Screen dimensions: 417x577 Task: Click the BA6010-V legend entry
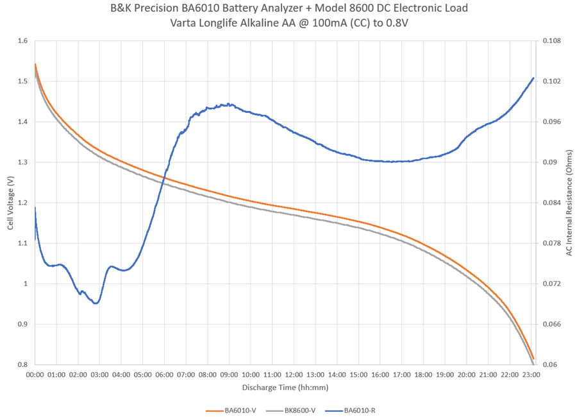coord(240,410)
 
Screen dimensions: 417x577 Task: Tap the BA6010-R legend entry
coord(359,410)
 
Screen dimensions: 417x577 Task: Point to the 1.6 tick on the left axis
coord(23,41)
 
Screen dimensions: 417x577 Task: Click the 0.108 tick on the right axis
coord(551,41)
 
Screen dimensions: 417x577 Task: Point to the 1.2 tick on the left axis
coord(23,203)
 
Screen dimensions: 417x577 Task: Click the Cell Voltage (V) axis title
coord(10,203)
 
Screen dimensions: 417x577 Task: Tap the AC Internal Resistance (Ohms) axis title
coord(569,203)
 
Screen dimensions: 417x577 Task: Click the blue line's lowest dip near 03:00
coord(96,303)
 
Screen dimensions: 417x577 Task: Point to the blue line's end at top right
coord(533,78)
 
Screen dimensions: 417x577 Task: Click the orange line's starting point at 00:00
coord(35,64)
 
